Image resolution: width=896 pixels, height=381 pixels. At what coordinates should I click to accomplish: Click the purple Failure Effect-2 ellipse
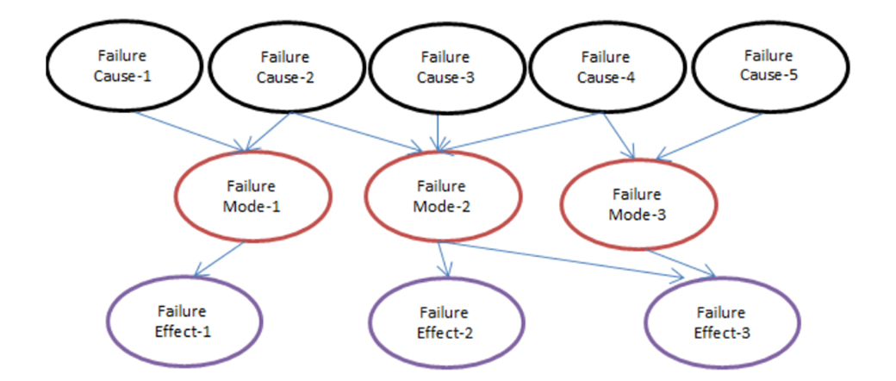click(x=444, y=321)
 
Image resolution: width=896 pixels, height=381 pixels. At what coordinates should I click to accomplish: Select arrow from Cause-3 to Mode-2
click(x=439, y=129)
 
